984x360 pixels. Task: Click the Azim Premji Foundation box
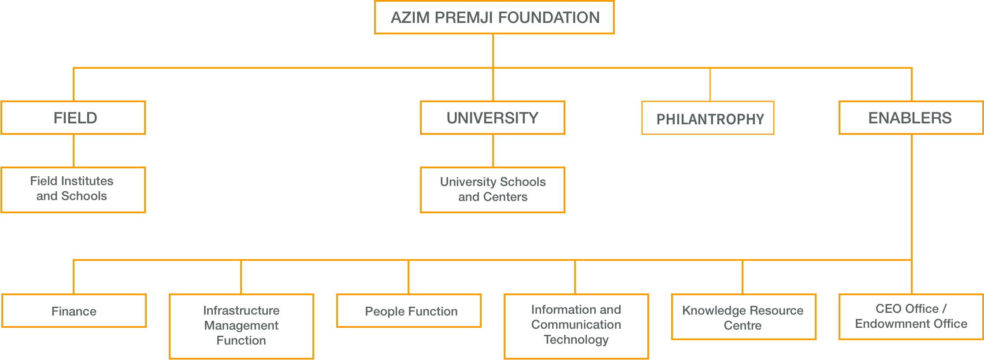pos(494,18)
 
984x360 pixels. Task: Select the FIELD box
pos(73,118)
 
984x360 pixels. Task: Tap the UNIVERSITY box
pos(493,118)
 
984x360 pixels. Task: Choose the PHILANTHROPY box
pos(708,118)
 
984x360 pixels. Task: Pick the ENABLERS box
pos(911,118)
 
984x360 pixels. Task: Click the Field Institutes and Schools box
pos(73,190)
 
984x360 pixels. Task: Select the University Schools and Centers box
pos(493,190)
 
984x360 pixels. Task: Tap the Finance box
pos(74,311)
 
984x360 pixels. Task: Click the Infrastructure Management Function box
pos(241,327)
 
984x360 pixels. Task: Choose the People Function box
pos(409,311)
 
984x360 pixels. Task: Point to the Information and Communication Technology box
pos(576,327)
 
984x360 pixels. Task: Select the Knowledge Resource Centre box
pos(744,317)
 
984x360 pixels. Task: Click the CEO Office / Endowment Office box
pos(911,317)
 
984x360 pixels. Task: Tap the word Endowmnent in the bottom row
pos(887,324)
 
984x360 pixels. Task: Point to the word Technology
pos(576,340)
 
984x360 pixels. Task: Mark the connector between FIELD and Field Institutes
pos(74,151)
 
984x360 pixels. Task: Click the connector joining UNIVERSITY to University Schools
pos(493,151)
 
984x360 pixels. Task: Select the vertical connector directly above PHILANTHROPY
pos(710,85)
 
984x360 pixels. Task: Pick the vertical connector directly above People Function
pos(408,277)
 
